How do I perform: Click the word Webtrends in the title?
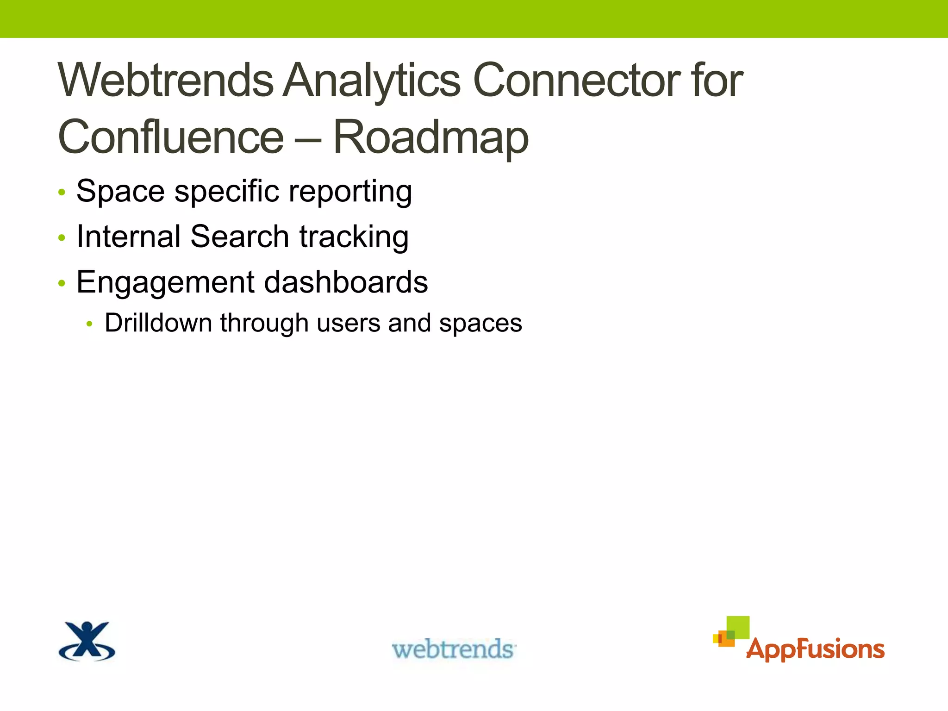pos(166,81)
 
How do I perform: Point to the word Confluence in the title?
pos(170,137)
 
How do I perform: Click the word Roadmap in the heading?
pos(430,137)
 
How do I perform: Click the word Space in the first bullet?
pos(120,192)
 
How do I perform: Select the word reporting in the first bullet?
pos(350,192)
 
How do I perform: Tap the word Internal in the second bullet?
pos(128,237)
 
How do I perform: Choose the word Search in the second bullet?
pos(240,237)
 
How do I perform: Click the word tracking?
pos(354,237)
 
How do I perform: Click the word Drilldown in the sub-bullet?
pos(158,323)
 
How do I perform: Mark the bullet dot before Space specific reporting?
pos(62,193)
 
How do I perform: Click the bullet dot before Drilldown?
pos(90,324)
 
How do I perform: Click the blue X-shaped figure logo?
pos(87,642)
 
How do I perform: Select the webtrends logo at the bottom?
pos(454,649)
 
